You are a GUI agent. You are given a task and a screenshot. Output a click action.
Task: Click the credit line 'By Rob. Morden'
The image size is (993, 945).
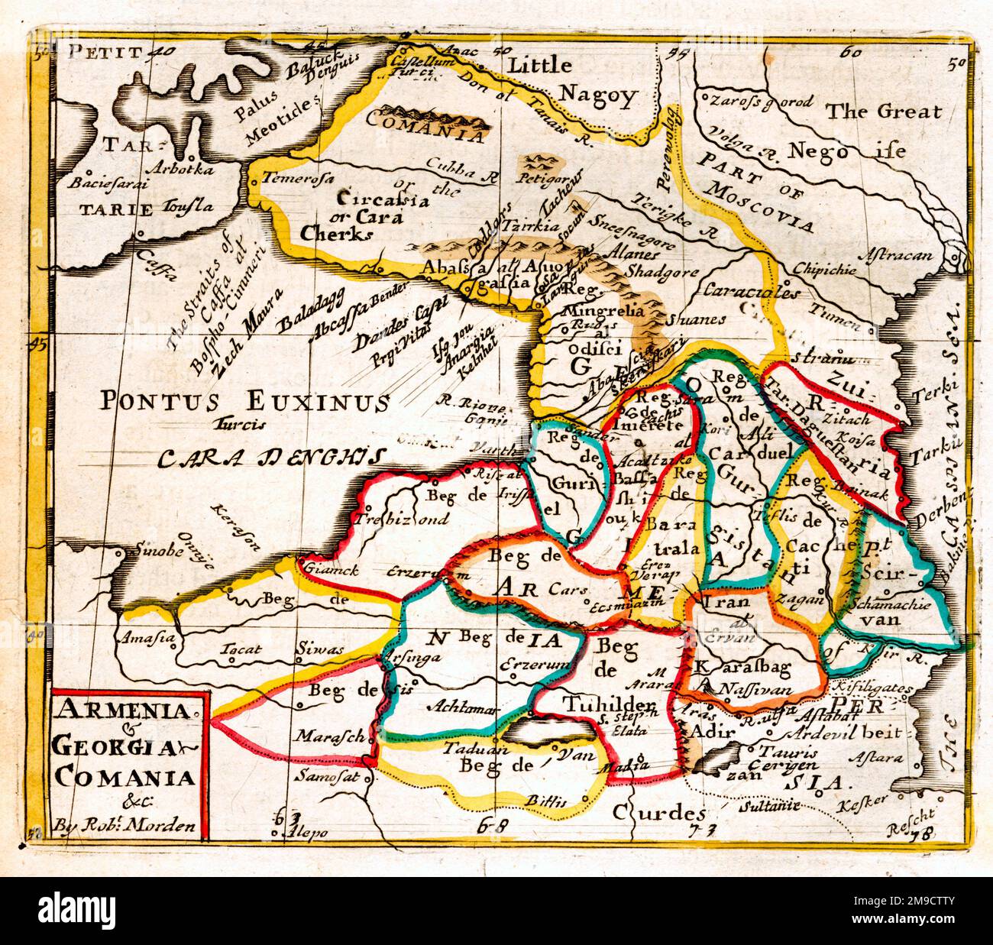click(x=125, y=826)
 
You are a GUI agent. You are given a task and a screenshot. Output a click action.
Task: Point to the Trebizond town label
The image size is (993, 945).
click(x=400, y=519)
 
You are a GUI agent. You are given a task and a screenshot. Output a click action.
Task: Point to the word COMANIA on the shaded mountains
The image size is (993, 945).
click(x=425, y=126)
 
